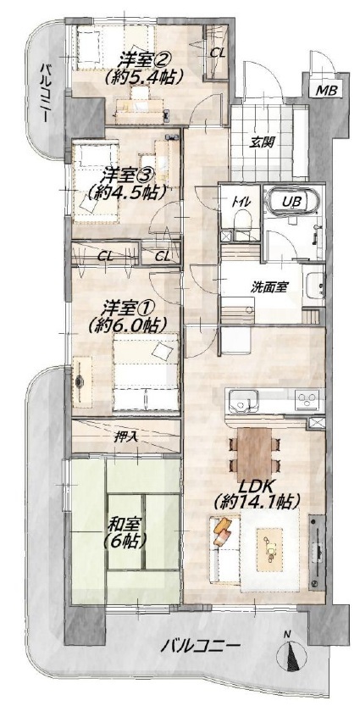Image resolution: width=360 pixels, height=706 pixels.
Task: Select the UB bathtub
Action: (x=292, y=200)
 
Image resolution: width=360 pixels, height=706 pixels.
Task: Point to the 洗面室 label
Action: (x=270, y=286)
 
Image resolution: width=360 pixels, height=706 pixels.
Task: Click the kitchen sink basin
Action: (x=243, y=400)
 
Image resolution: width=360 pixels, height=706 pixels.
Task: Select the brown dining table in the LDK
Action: (x=255, y=454)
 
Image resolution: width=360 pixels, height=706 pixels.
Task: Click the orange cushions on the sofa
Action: (x=223, y=531)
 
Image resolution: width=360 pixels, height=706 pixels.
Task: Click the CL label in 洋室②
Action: (x=218, y=53)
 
